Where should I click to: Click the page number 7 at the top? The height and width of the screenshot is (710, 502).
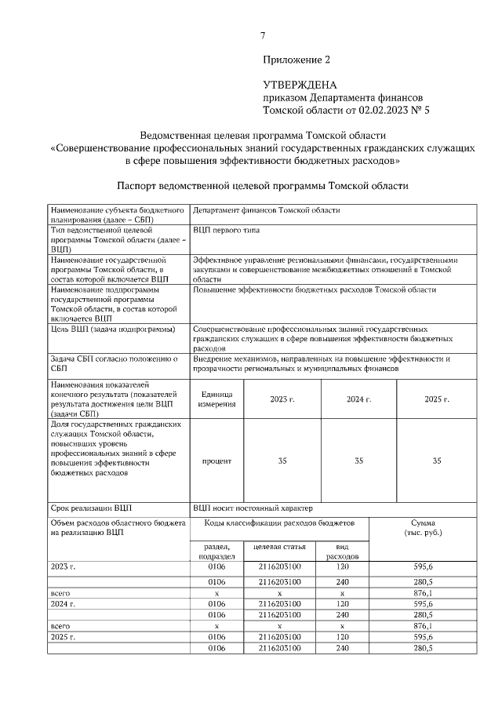pyautogui.click(x=264, y=35)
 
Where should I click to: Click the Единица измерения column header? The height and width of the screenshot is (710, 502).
pyautogui.click(x=216, y=399)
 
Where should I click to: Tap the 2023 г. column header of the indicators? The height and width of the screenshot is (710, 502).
pyautogui.click(x=282, y=399)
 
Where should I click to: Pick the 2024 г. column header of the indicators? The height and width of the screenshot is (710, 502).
pyautogui.click(x=358, y=399)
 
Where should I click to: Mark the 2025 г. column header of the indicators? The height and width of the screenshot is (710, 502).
pyautogui.click(x=437, y=399)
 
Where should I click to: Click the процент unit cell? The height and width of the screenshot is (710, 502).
pyautogui.click(x=216, y=461)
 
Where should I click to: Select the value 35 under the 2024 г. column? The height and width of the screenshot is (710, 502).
pyautogui.click(x=358, y=461)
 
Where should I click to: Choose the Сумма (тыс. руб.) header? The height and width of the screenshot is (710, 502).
pyautogui.click(x=427, y=527)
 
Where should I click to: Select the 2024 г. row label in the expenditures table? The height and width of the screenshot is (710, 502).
pyautogui.click(x=61, y=604)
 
